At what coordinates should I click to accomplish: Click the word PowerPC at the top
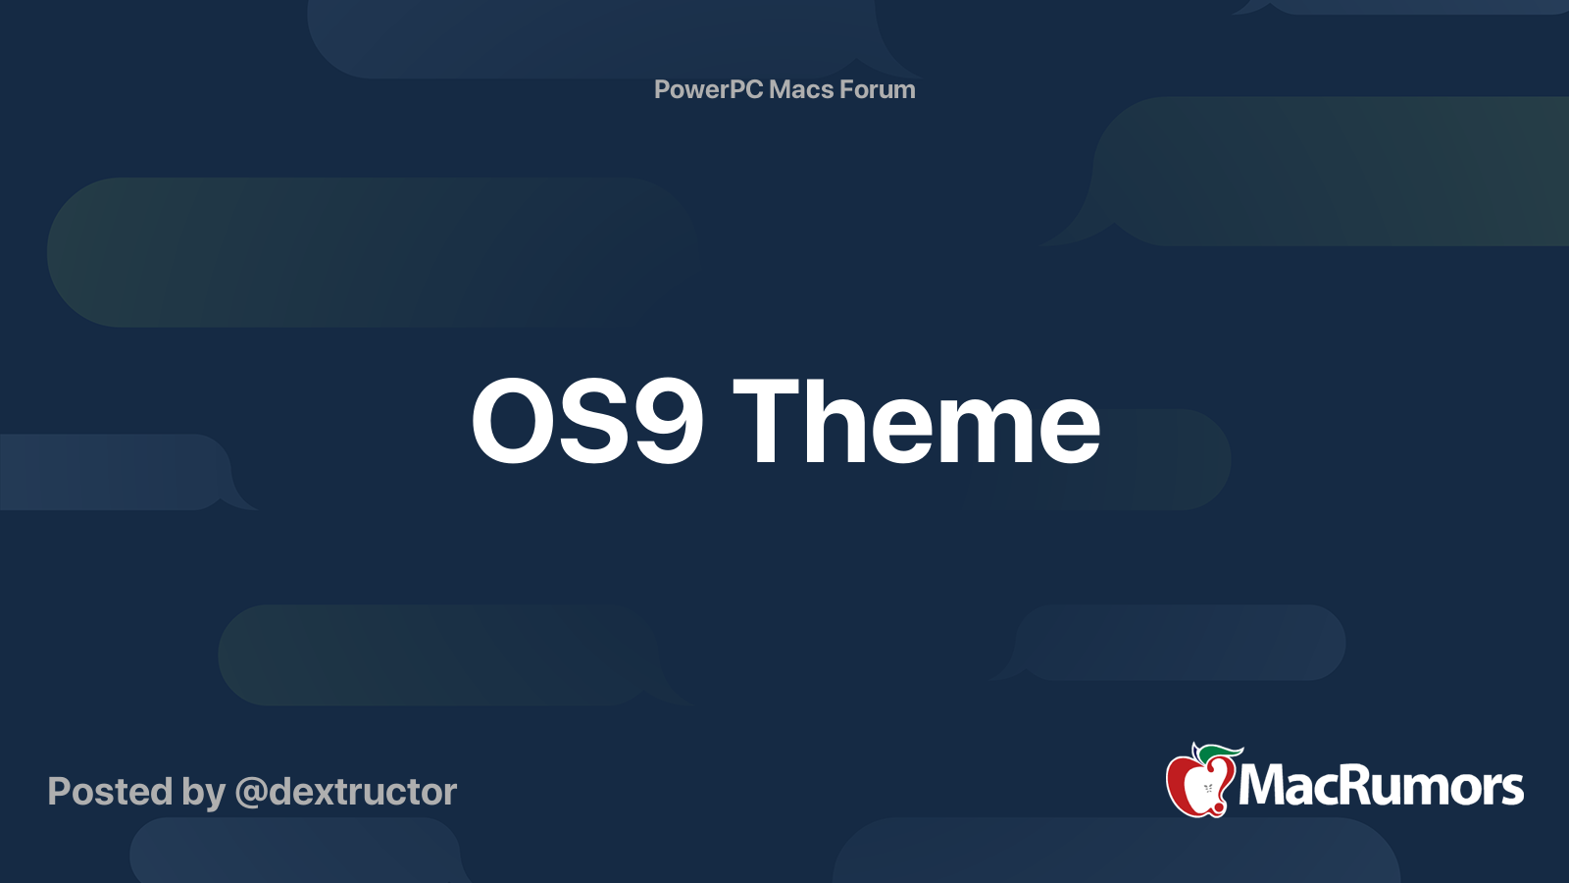click(x=707, y=89)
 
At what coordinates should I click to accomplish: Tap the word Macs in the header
click(x=800, y=89)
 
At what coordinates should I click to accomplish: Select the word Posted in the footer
click(x=110, y=792)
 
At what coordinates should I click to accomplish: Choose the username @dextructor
click(x=345, y=792)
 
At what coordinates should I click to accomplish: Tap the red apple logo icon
click(x=1198, y=785)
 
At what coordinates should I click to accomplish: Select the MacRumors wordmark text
click(x=1381, y=786)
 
